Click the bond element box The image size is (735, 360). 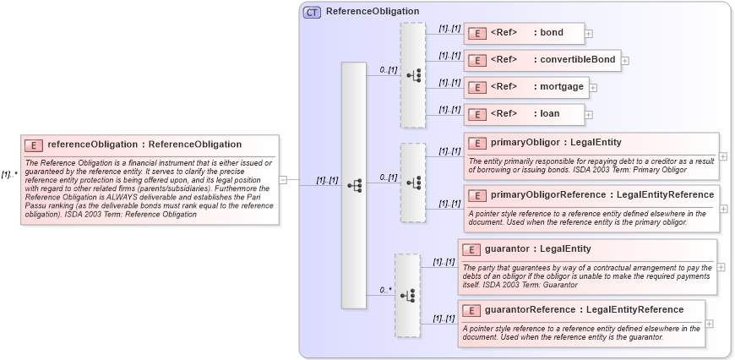pyautogui.click(x=524, y=33)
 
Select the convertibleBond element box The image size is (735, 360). pyautogui.click(x=542, y=60)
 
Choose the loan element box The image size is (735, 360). pyautogui.click(x=524, y=114)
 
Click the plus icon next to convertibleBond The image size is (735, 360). pyautogui.click(x=625, y=60)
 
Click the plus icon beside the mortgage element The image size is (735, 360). pyautogui.click(x=593, y=87)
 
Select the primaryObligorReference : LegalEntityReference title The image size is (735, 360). pyautogui.click(x=602, y=195)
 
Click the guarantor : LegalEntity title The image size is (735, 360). pyautogui.click(x=537, y=249)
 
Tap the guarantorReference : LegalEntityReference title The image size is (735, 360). pyautogui.click(x=584, y=309)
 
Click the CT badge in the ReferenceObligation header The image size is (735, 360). pyautogui.click(x=312, y=12)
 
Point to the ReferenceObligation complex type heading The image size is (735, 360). pyautogui.click(x=372, y=12)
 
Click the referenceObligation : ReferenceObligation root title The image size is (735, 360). pyautogui.click(x=144, y=145)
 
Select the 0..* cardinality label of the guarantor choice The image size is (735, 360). pyautogui.click(x=385, y=290)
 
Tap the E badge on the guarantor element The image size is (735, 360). pyautogui.click(x=472, y=249)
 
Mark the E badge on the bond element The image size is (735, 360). pyautogui.click(x=477, y=34)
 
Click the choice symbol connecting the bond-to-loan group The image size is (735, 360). pyautogui.click(x=413, y=74)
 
